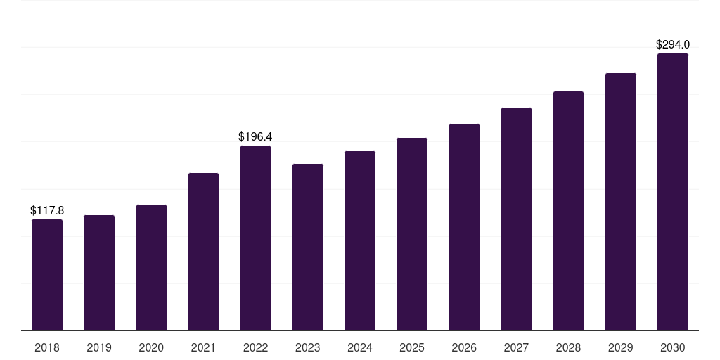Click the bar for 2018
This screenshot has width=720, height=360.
pyautogui.click(x=47, y=275)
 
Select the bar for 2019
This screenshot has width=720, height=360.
pyautogui.click(x=99, y=273)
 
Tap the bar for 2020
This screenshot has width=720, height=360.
pyautogui.click(x=151, y=267)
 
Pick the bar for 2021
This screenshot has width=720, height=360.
pyautogui.click(x=203, y=252)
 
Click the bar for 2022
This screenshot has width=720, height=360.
pyautogui.click(x=255, y=238)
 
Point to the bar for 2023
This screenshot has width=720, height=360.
pyautogui.click(x=308, y=247)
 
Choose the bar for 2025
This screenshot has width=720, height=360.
pyautogui.click(x=412, y=234)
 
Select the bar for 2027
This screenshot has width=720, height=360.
pyautogui.click(x=516, y=219)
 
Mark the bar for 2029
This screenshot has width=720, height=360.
pyautogui.click(x=621, y=202)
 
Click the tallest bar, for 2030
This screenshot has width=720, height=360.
pyautogui.click(x=673, y=192)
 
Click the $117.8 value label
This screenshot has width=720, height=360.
pyautogui.click(x=47, y=210)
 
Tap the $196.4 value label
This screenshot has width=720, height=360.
pyautogui.click(x=255, y=136)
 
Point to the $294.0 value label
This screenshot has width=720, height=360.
pyautogui.click(x=673, y=44)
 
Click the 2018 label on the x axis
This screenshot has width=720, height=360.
pyautogui.click(x=47, y=347)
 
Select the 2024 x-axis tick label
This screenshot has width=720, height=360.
pyautogui.click(x=360, y=347)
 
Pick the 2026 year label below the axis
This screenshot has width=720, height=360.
pyautogui.click(x=464, y=347)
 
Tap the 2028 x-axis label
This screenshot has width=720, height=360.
pyautogui.click(x=568, y=347)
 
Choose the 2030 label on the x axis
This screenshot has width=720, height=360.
pyautogui.click(x=673, y=347)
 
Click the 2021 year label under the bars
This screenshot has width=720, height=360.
pyautogui.click(x=203, y=347)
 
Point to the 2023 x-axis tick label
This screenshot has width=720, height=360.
pyautogui.click(x=308, y=347)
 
